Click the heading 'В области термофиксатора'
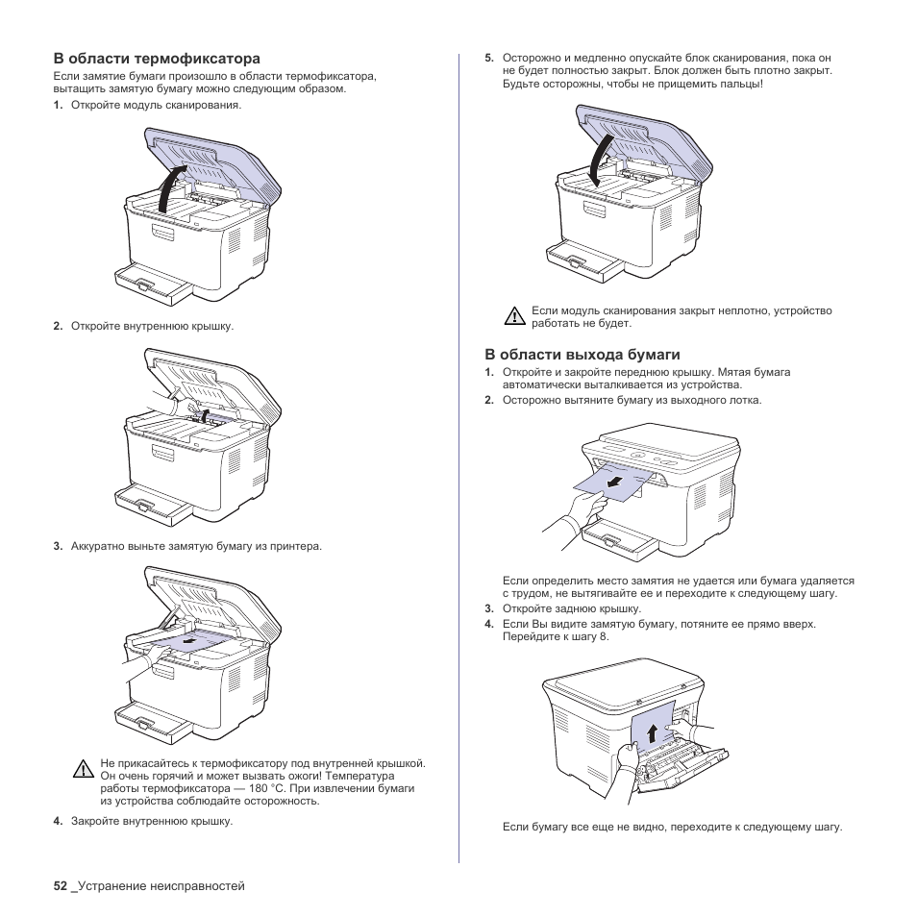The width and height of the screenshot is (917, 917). pyautogui.click(x=157, y=59)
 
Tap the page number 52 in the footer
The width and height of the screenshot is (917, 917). pyautogui.click(x=61, y=886)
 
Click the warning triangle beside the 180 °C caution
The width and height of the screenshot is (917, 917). pyautogui.click(x=84, y=770)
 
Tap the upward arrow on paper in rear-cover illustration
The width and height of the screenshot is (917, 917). pyautogui.click(x=652, y=733)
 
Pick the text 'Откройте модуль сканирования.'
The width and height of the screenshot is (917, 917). pyautogui.click(x=156, y=105)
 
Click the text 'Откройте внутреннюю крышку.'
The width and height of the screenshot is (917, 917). pyautogui.click(x=152, y=326)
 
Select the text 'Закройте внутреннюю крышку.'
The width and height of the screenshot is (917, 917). pyautogui.click(x=152, y=821)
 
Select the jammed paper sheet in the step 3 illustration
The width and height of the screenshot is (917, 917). pyautogui.click(x=192, y=641)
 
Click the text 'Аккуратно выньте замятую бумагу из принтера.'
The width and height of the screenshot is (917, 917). pyautogui.click(x=196, y=546)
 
